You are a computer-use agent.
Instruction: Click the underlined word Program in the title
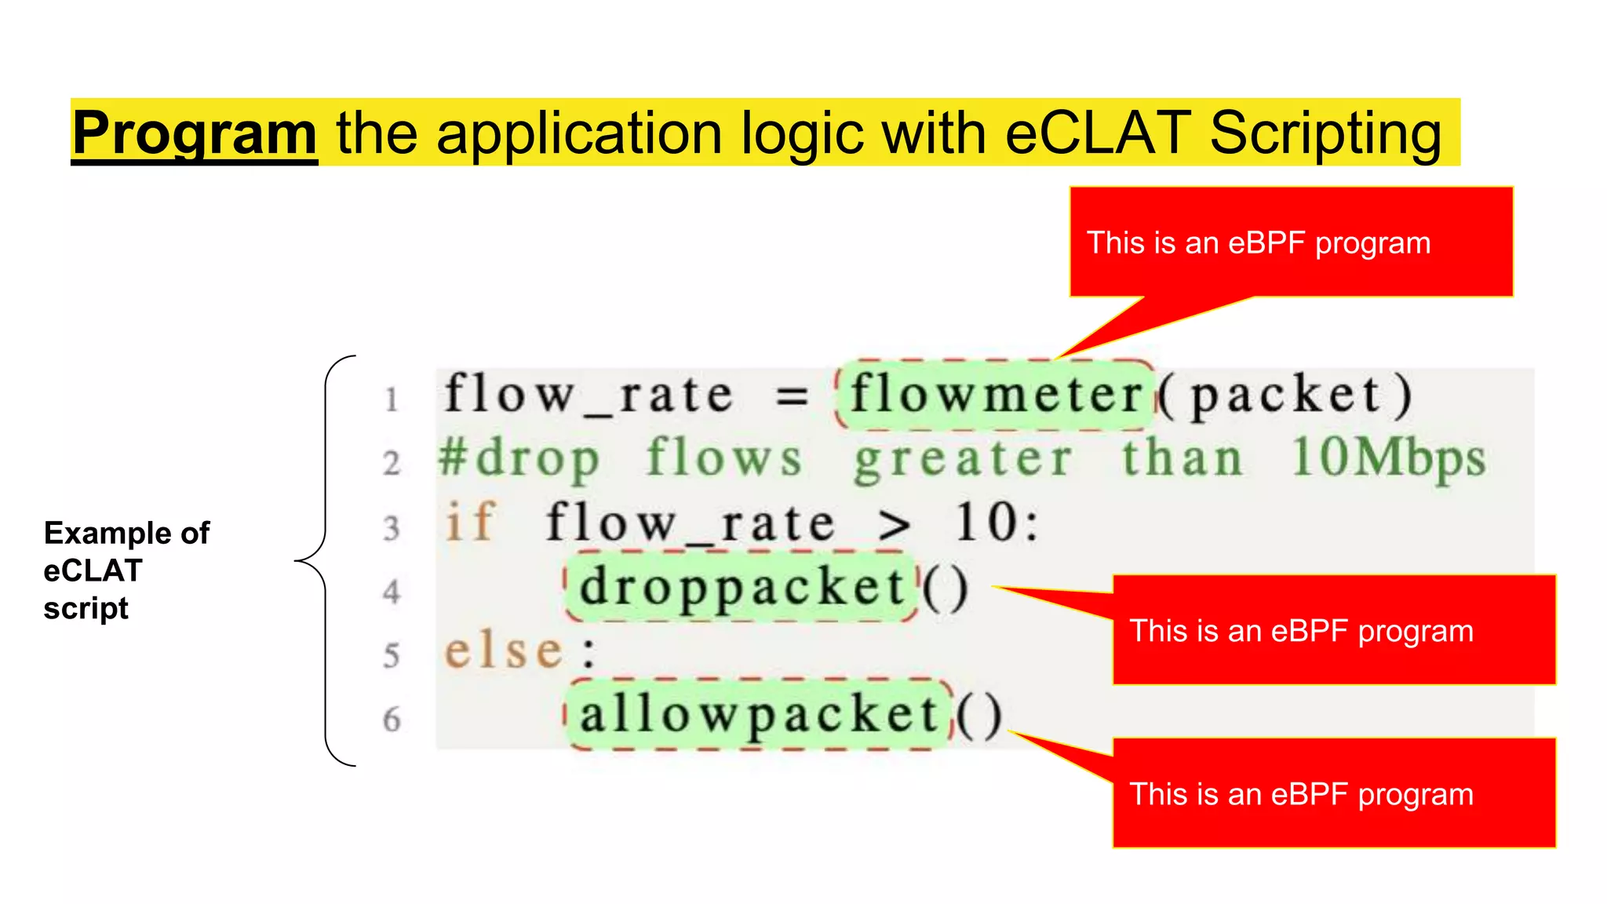195,133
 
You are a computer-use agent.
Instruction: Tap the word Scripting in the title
1325,133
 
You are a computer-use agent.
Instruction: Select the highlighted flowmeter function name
996,395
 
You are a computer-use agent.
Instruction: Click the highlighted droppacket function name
742,587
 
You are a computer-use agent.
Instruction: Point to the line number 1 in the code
392,399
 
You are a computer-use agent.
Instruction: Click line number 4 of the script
392,592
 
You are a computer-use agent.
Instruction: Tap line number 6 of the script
392,720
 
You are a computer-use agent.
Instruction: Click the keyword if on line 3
470,522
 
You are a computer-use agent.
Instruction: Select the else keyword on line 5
504,651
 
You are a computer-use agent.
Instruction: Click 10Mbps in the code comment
1388,458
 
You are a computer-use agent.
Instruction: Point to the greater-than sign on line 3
895,525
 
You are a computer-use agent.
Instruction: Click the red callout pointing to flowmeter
1291,242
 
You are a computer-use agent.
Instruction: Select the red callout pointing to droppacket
1333,630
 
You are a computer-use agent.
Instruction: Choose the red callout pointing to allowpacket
1333,793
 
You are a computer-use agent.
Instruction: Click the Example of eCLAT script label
126,570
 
